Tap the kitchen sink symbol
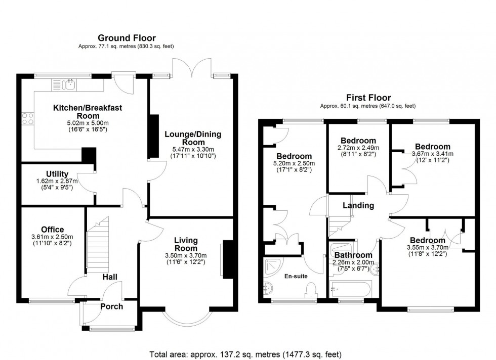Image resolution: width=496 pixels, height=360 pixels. [70, 84]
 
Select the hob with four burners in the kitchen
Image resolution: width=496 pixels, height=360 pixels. [28, 118]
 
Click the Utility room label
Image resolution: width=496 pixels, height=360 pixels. [57, 174]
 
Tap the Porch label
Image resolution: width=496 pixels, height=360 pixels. [111, 306]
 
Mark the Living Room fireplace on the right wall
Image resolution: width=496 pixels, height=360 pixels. [226, 259]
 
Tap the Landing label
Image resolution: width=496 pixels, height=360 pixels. [358, 206]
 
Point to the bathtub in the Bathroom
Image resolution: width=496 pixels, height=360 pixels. [351, 290]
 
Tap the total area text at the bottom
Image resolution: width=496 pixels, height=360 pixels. [245, 353]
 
